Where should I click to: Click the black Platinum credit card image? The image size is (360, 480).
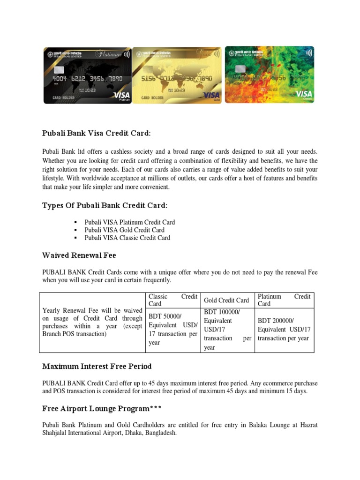(x=88, y=75)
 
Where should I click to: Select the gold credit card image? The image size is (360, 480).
(x=177, y=75)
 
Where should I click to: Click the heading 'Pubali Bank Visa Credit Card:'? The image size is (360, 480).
(x=97, y=134)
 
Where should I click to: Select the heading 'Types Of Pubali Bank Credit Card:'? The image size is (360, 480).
(x=105, y=206)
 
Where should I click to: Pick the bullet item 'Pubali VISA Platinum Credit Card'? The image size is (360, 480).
(x=130, y=222)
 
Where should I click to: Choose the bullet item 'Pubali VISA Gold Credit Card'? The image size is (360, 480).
(x=124, y=230)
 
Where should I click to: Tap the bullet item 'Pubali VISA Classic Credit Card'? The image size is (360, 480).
(x=127, y=238)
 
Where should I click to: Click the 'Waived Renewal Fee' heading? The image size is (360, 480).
(x=79, y=255)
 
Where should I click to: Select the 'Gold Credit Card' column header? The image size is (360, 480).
(x=226, y=300)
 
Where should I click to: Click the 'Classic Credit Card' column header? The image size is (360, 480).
(x=172, y=300)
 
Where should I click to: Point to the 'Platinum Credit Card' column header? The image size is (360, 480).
(x=284, y=300)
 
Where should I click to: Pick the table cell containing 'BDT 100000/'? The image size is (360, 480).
(x=228, y=330)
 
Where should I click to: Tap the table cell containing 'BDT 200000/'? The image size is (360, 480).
(x=284, y=330)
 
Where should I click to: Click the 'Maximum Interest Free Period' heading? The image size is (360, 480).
(x=97, y=366)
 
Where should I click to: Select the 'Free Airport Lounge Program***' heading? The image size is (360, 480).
(x=102, y=409)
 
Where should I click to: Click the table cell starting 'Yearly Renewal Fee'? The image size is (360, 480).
(x=92, y=322)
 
